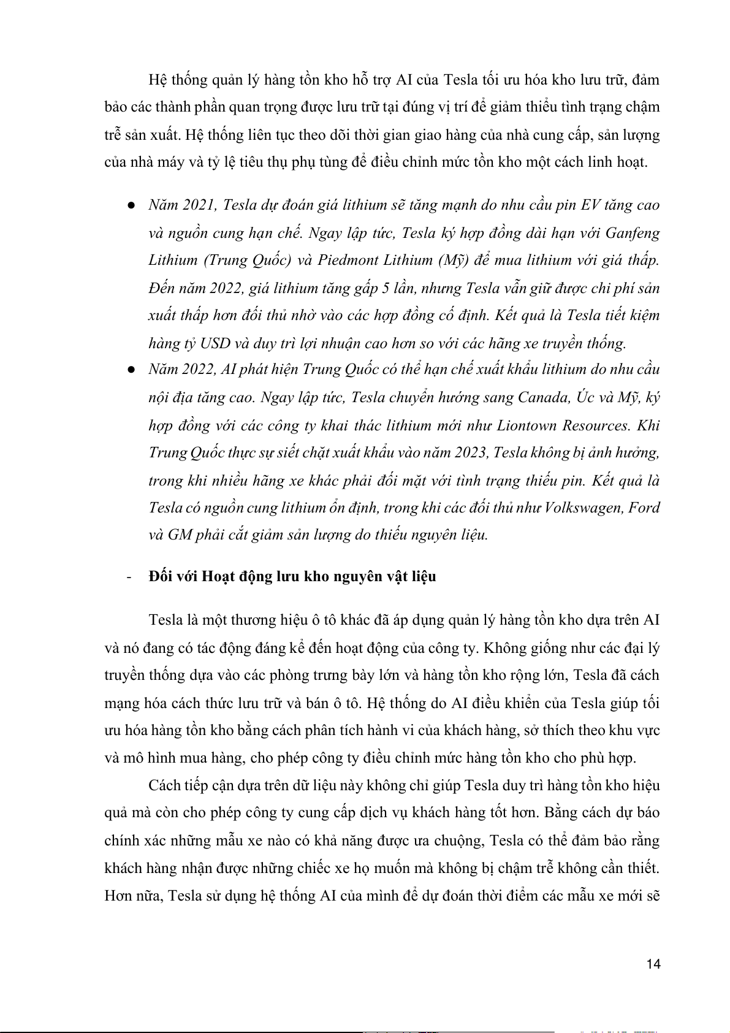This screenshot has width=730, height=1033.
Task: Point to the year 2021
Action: tap(199, 205)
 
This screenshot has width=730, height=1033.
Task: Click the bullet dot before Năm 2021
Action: tap(131, 206)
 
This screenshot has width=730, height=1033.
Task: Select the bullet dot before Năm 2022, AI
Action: tap(131, 370)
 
